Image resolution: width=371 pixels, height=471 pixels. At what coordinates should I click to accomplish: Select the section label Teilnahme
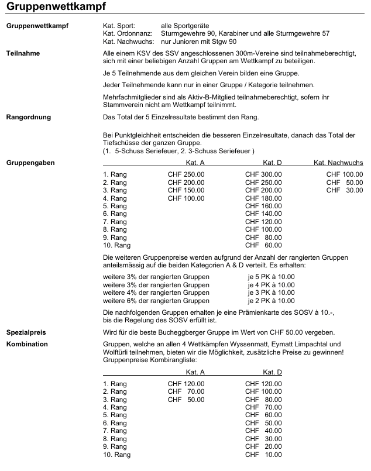coord(23,53)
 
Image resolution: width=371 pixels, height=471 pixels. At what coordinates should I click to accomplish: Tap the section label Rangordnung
coord(28,117)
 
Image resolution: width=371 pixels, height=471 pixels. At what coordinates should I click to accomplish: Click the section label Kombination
coord(27,344)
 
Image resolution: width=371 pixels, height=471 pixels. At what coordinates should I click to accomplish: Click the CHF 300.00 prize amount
coord(263,174)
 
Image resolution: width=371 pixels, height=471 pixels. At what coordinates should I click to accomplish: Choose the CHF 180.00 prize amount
coord(263,198)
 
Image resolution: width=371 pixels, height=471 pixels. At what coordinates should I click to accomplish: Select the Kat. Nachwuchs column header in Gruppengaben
coord(338,162)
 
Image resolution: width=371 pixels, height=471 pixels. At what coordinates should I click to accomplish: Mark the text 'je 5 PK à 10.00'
coord(271,277)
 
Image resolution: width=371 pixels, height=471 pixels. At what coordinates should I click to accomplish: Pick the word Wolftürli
coord(117,352)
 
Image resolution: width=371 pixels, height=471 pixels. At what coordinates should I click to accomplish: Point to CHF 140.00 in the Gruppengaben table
coord(263,214)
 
